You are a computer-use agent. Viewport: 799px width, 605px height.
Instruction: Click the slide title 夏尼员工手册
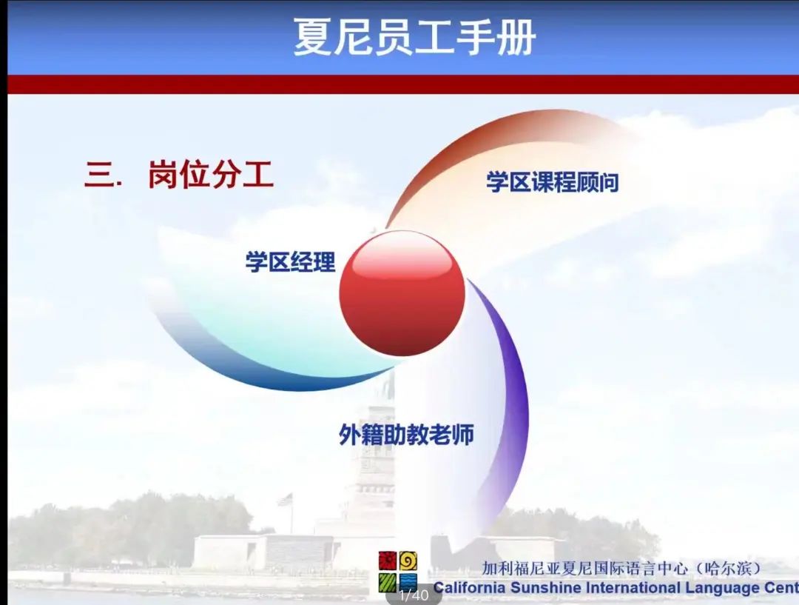point(414,37)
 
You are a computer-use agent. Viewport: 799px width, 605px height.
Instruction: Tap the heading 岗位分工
point(211,174)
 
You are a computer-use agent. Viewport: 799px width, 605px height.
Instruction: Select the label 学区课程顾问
point(553,182)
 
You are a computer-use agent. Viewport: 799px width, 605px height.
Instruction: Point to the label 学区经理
point(291,261)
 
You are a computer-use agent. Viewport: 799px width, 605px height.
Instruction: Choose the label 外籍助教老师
point(407,435)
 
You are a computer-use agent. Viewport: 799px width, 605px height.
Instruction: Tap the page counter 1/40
point(414,595)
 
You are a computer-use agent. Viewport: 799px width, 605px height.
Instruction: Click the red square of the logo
point(387,561)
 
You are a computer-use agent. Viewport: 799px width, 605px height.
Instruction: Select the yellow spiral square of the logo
point(408,561)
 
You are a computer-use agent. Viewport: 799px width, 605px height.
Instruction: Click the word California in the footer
point(469,588)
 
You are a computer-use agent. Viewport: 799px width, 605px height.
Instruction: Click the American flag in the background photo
point(286,499)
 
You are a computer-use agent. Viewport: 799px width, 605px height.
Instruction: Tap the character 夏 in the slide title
point(312,37)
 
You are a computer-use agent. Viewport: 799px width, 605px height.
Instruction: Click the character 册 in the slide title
point(516,37)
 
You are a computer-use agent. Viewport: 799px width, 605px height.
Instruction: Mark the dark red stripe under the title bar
point(403,84)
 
